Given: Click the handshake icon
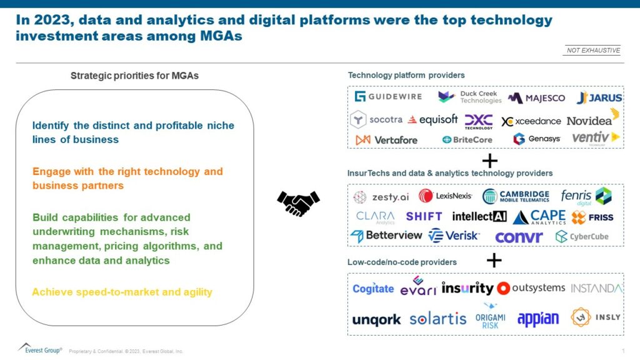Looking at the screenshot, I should click(x=298, y=202).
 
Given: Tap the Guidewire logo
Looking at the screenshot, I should click(x=388, y=96).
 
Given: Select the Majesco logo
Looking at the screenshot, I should click(x=536, y=97).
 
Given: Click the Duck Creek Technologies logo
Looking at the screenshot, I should click(x=469, y=97).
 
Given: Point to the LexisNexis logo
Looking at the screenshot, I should click(x=446, y=196).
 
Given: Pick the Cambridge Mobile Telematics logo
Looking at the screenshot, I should click(x=516, y=196).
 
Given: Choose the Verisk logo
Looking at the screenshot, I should click(x=454, y=236).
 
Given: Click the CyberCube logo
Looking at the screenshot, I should click(x=582, y=236).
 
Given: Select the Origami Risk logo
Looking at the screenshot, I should click(x=490, y=316).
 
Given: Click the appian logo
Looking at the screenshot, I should click(x=537, y=319).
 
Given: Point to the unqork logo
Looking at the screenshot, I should click(x=376, y=320).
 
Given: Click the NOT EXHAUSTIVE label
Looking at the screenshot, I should click(x=592, y=50).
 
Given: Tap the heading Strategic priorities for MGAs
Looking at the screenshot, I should click(x=134, y=76).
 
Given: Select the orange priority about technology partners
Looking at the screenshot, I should click(x=127, y=178).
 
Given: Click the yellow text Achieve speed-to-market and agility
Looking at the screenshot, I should click(x=122, y=292).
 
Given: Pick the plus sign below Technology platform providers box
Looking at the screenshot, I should click(x=489, y=161).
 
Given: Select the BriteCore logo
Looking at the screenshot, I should click(x=467, y=139).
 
